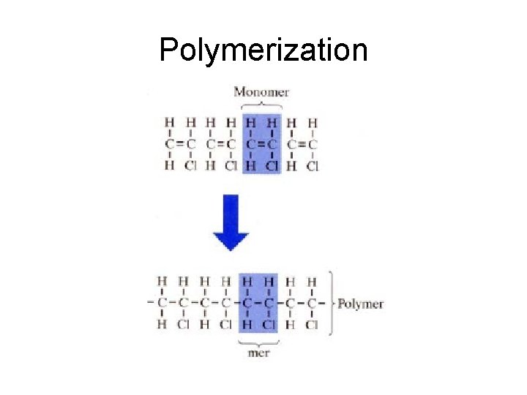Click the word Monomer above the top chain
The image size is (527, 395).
click(261, 92)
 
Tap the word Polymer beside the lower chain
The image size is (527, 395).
click(360, 304)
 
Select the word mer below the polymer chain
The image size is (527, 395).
click(258, 353)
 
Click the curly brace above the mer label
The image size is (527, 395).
click(259, 340)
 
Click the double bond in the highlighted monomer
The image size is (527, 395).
click(261, 144)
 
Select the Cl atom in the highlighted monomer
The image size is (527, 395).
click(273, 166)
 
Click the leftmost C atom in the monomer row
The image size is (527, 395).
click(170, 144)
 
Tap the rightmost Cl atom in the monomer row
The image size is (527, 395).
click(313, 166)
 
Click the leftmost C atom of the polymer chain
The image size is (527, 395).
click(162, 302)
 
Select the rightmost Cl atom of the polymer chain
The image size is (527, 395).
click(312, 324)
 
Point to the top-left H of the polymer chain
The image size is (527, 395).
click(162, 281)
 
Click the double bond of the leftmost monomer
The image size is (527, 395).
click(180, 144)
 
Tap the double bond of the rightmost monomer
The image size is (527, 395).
click(302, 144)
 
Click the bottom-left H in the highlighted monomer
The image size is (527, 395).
click(251, 166)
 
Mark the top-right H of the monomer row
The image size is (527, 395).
click(313, 123)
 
